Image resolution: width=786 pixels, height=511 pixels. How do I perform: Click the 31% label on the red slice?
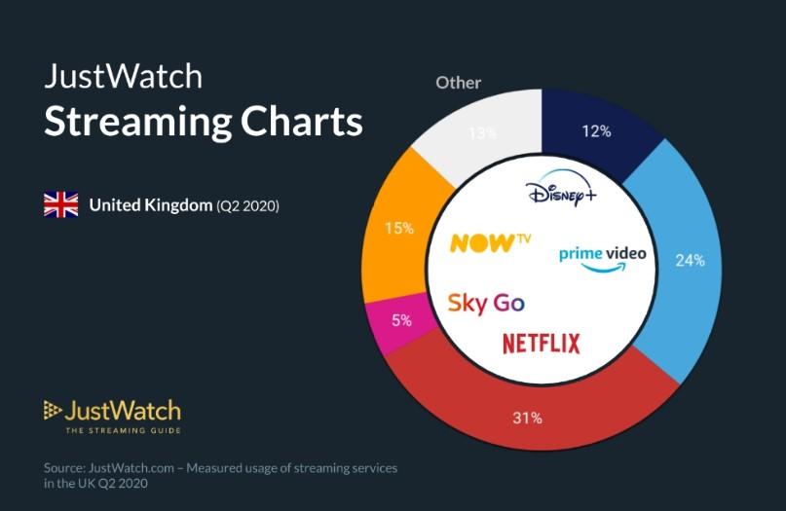[x=527, y=419]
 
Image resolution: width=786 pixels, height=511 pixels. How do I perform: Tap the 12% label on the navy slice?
[x=596, y=131]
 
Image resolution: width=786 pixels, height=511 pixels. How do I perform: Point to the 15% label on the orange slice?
[x=399, y=229]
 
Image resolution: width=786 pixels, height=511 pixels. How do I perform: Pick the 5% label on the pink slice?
[x=401, y=318]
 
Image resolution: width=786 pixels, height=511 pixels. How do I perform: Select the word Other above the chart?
[x=459, y=83]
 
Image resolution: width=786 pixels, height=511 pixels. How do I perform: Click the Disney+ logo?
[x=561, y=194]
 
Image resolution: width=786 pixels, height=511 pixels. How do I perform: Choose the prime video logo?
[x=602, y=256]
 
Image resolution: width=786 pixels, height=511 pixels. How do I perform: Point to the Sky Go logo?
[x=486, y=302]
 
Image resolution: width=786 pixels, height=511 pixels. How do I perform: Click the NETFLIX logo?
[x=541, y=343]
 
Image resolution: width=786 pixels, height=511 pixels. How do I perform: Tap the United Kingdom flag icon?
[x=60, y=205]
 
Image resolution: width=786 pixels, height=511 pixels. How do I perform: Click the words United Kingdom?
[x=151, y=205]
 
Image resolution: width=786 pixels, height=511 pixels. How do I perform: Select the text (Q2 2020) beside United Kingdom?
[x=247, y=206]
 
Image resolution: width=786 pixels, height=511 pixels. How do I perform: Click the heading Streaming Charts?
[x=204, y=124]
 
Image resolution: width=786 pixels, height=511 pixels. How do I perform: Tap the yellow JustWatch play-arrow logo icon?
[x=53, y=410]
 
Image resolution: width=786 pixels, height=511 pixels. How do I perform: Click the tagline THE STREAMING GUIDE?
[x=123, y=429]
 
